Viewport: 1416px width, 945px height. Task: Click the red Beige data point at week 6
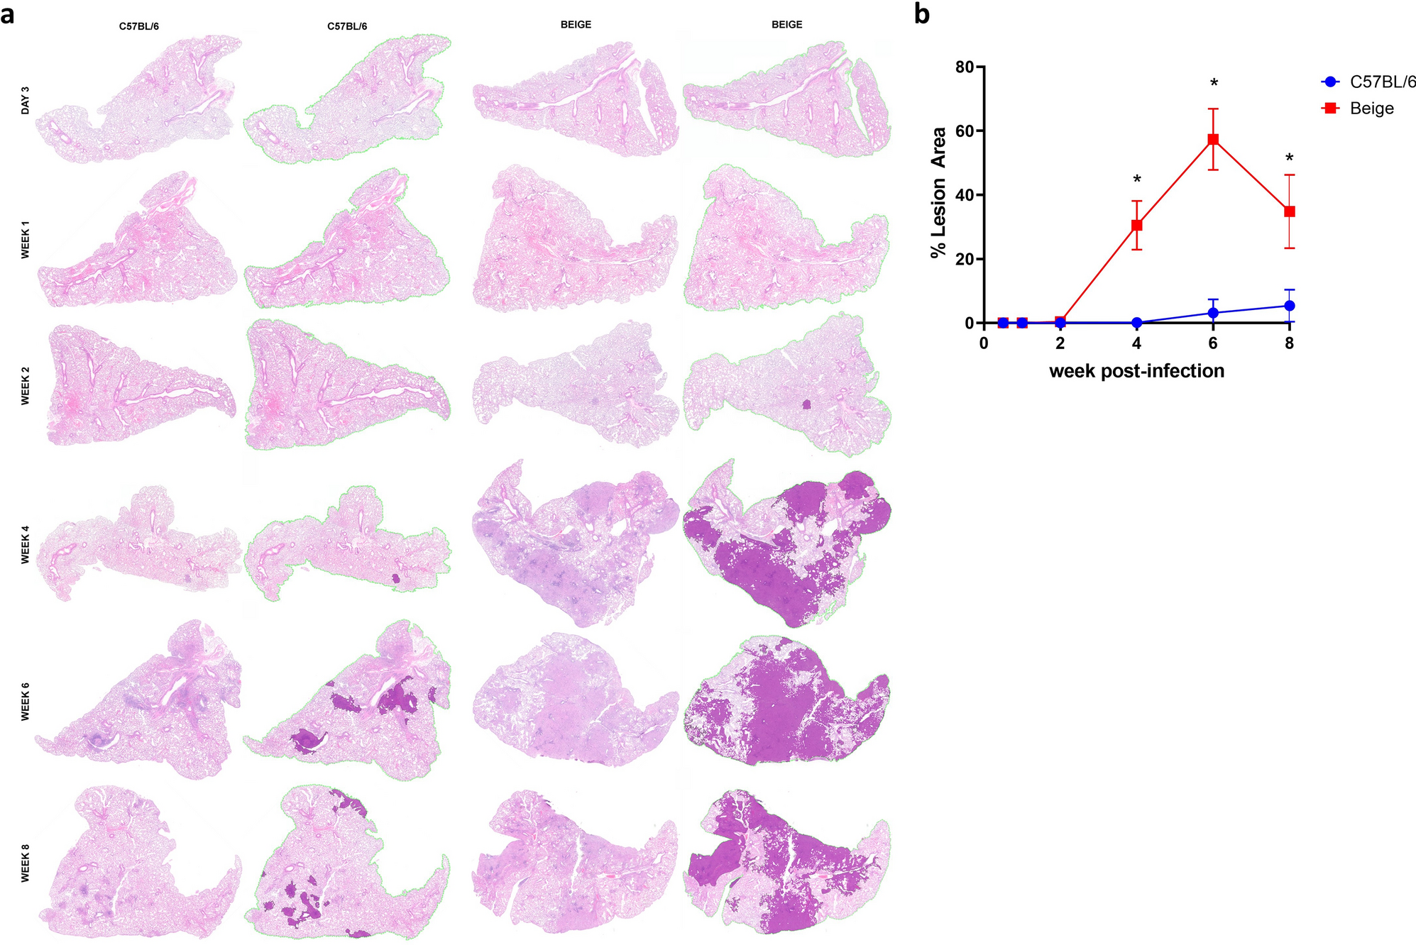[x=1213, y=139]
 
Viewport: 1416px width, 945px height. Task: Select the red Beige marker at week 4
[x=1136, y=225]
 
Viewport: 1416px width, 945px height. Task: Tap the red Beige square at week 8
[x=1289, y=211]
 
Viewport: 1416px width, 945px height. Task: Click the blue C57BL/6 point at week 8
[x=1289, y=306]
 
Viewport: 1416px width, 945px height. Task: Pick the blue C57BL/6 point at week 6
[x=1213, y=313]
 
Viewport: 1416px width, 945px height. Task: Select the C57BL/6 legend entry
[x=1381, y=82]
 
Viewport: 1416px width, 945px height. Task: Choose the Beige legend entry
[x=1371, y=109]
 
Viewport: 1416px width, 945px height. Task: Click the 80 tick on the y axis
[x=965, y=67]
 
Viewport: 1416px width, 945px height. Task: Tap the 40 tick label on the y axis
[x=965, y=195]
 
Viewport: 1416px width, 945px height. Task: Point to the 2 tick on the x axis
[x=1060, y=344]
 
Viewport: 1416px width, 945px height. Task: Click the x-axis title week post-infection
[x=1136, y=371]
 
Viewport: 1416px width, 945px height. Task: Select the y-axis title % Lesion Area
[x=939, y=193]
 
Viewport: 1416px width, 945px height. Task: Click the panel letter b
[x=921, y=14]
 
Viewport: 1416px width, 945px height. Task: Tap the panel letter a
[x=8, y=14]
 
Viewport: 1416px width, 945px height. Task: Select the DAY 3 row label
[x=26, y=101]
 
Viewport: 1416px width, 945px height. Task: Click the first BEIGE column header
[x=576, y=25]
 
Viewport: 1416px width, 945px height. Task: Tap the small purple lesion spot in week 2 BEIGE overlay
[x=806, y=404]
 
